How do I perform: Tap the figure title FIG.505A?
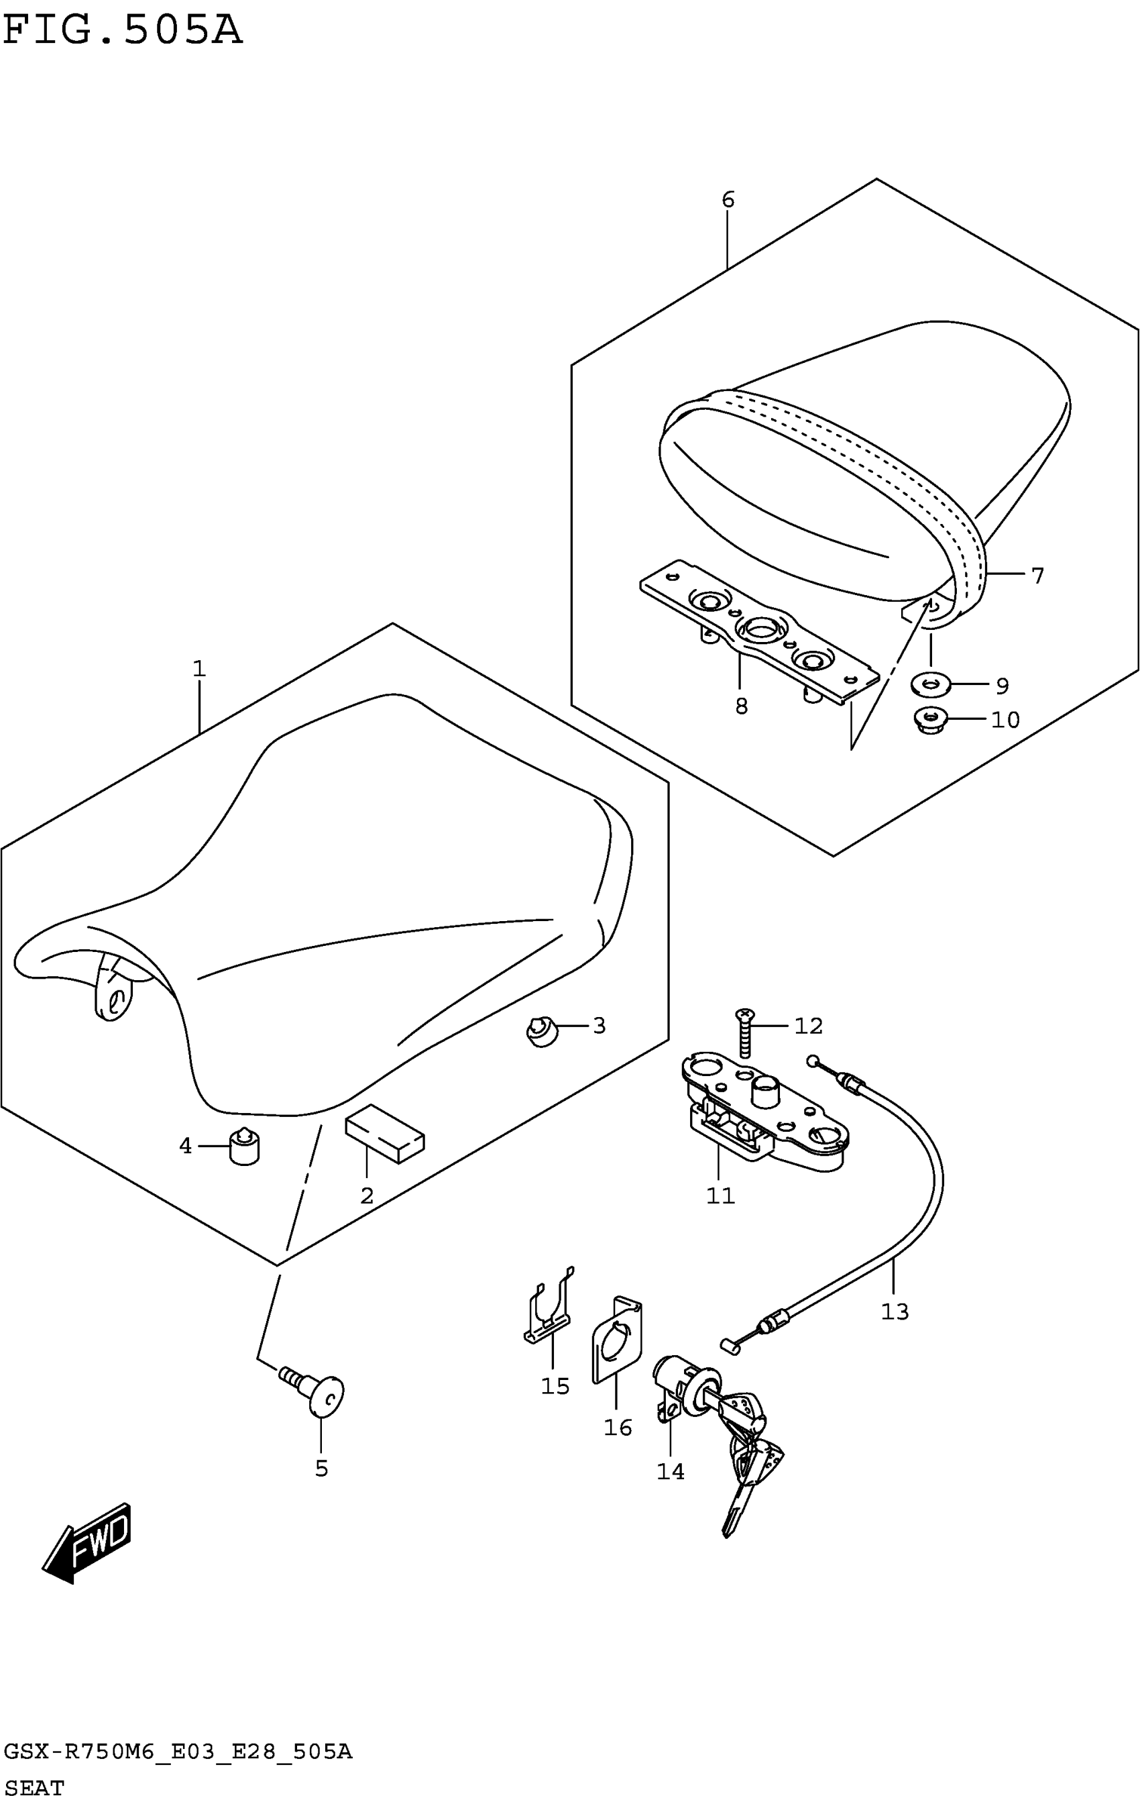coord(122,31)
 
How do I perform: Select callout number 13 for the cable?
coord(895,1312)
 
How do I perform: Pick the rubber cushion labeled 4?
coord(244,1148)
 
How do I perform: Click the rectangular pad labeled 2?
coord(384,1132)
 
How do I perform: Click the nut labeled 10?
coord(931,721)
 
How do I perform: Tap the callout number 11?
coord(720,1195)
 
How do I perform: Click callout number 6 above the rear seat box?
coord(727,200)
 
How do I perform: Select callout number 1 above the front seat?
coord(199,668)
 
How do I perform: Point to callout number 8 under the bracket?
coord(741,706)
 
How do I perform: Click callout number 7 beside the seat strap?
coord(1037,575)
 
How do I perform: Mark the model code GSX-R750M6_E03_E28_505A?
coord(178,1752)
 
